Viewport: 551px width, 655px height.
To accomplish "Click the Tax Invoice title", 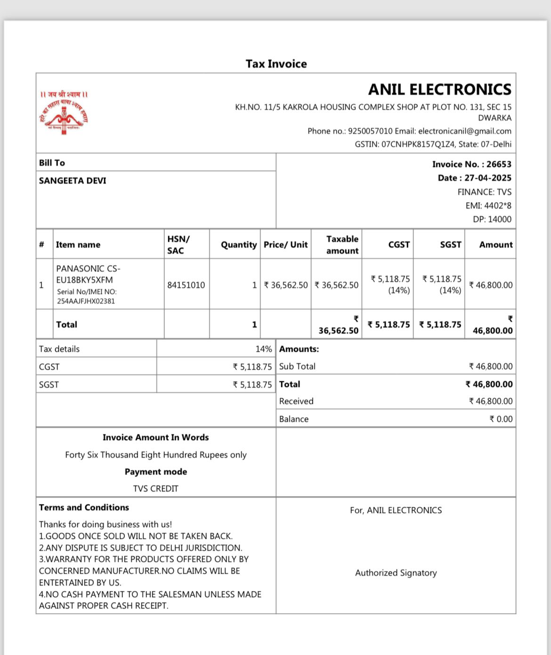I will tap(276, 64).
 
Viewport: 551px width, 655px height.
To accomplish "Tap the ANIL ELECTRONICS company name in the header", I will tap(439, 89).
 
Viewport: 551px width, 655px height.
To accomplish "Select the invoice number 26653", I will tap(499, 164).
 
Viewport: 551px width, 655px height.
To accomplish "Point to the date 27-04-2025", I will tap(488, 178).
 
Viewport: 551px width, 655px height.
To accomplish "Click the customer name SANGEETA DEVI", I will tap(73, 181).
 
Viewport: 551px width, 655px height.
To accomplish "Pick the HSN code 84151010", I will tap(186, 285).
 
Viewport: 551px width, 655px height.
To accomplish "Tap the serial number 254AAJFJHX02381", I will tap(86, 301).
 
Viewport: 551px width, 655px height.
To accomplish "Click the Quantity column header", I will tap(239, 245).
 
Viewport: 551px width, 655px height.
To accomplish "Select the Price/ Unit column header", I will tap(285, 245).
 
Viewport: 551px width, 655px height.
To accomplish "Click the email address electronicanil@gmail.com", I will tap(464, 131).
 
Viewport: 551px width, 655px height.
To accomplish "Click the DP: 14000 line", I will tap(492, 219).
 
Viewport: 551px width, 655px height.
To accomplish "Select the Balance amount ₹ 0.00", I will tap(501, 419).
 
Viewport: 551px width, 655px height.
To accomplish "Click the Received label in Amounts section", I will tap(296, 401).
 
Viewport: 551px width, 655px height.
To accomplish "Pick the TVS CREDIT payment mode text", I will tap(155, 489).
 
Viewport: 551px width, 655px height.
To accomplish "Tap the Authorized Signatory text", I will tap(396, 573).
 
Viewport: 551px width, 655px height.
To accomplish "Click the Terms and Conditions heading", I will tap(84, 507).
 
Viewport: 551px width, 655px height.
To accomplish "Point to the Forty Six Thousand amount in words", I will tap(155, 455).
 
